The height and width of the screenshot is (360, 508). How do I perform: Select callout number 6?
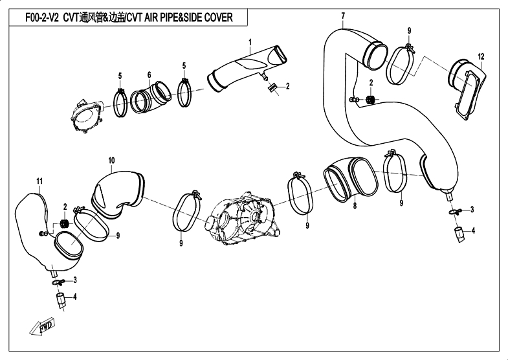click(x=149, y=74)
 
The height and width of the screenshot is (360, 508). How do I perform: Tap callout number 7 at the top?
click(x=342, y=15)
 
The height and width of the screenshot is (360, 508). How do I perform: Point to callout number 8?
click(x=355, y=205)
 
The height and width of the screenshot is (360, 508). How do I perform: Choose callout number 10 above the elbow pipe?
click(x=111, y=160)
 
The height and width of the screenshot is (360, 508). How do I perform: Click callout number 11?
click(x=39, y=179)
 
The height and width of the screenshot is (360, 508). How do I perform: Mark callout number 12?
click(x=480, y=58)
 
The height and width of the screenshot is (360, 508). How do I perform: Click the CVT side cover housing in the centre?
click(x=243, y=217)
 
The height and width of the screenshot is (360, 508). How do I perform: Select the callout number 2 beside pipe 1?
click(x=287, y=86)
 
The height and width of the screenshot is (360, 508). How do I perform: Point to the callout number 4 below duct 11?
click(x=74, y=297)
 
